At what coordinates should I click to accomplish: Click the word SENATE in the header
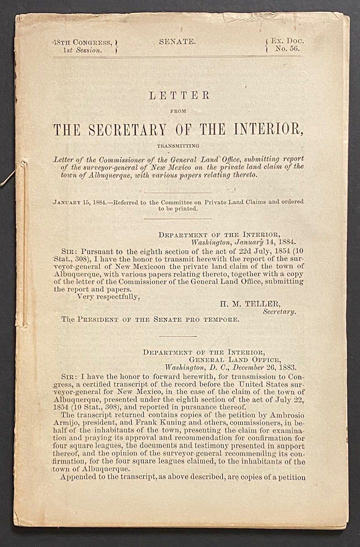pos(177,42)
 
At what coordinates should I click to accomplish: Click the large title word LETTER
pos(179,96)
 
